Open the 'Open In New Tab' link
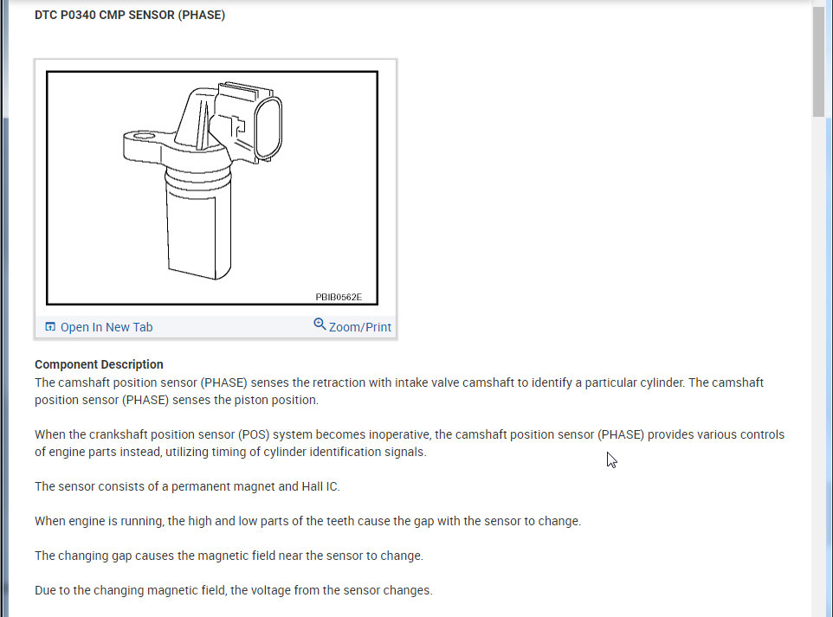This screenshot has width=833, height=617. tap(106, 327)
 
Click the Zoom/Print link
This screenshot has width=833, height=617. tap(359, 327)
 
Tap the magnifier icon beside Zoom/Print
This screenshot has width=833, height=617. tap(320, 325)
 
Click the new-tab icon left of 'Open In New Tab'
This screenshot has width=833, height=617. tap(50, 327)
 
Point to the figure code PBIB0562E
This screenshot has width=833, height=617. tap(339, 297)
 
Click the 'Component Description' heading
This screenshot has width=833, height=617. tap(99, 364)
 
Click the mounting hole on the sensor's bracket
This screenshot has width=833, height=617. tap(141, 136)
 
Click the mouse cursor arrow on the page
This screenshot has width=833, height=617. tap(611, 460)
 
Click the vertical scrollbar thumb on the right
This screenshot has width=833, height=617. tap(818, 62)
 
